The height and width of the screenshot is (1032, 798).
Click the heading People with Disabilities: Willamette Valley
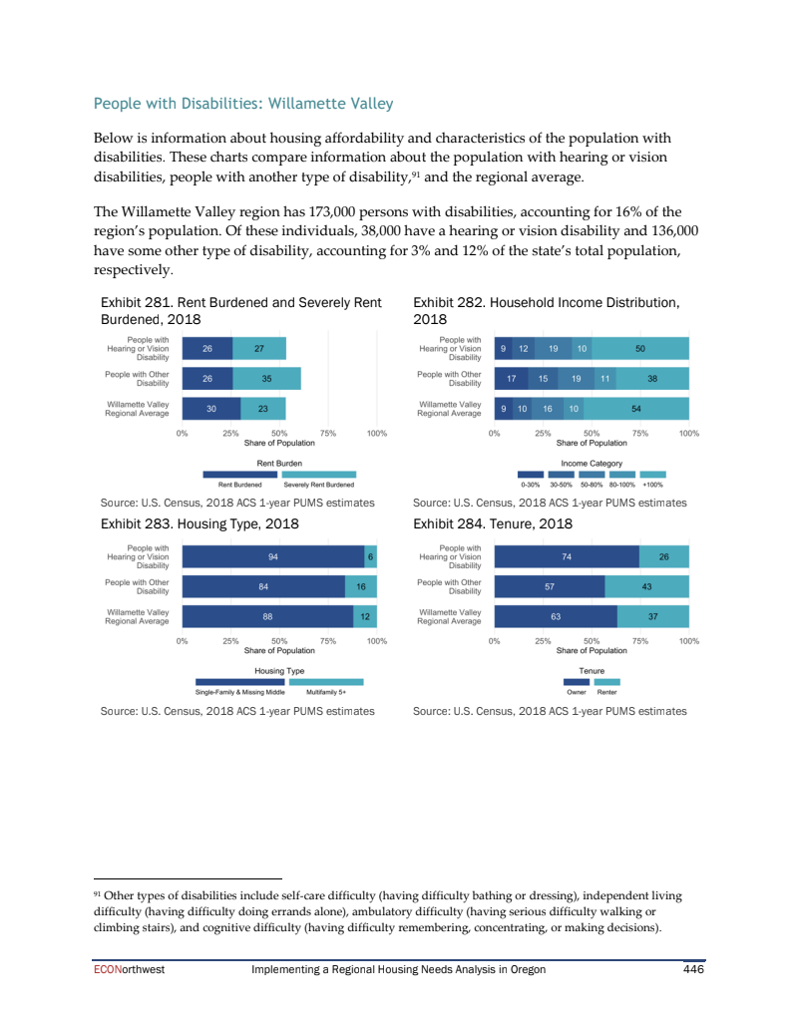point(242,104)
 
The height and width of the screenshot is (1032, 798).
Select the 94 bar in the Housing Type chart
point(272,556)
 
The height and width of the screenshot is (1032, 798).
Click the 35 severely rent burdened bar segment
point(267,379)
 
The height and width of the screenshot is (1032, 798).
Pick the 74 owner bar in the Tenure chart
point(567,556)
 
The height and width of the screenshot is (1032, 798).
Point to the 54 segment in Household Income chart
point(638,409)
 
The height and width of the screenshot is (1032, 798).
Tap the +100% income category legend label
point(652,484)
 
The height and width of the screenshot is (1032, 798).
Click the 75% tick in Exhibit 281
point(328,434)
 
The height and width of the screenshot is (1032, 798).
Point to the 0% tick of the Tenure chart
point(495,641)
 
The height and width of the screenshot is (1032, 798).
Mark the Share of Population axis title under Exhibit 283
point(279,650)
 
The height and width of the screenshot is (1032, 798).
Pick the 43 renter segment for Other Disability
point(646,586)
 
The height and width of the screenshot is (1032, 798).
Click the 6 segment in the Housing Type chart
point(370,556)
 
